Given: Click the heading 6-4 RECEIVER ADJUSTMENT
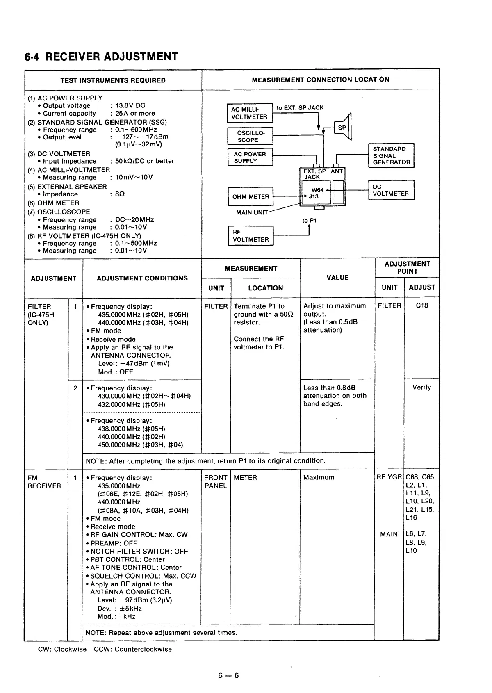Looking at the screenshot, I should point(101,57).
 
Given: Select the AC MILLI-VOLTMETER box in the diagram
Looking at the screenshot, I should point(250,113).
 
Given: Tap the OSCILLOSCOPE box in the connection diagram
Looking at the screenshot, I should point(250,136).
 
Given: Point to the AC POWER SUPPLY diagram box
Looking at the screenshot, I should point(250,157).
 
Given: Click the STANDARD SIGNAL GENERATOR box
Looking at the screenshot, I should point(391,156).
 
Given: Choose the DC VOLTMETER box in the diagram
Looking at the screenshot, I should point(391,190).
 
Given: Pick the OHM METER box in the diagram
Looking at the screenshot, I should point(250,197).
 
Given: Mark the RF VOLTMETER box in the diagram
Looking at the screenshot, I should point(250,236).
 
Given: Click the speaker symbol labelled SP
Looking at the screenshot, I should point(343,128).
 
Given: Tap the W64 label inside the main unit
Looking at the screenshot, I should point(317,190).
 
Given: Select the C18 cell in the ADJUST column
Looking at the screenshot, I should point(421,305).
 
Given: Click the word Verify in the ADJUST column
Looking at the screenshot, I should point(421,387).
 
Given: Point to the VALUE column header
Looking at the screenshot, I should point(337,278).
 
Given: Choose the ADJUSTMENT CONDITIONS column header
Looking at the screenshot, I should point(142,278).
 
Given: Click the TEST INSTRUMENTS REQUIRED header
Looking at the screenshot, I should point(113,80).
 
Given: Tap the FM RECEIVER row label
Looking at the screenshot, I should point(44,482).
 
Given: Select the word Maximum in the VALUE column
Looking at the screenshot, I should point(319,477).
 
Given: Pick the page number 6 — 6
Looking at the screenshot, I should point(228,675).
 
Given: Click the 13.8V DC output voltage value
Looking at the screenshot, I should point(130,105).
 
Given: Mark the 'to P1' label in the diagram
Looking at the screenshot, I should point(309,221).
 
